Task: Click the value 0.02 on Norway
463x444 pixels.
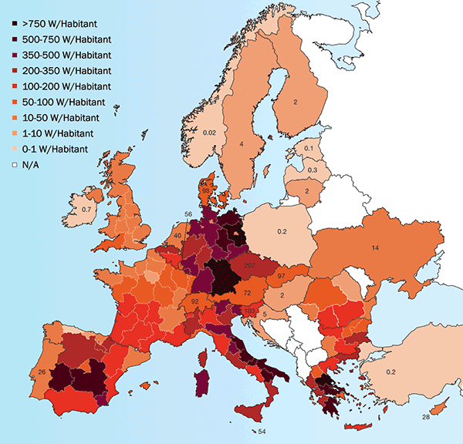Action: [x=209, y=133]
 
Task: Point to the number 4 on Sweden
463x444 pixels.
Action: [x=242, y=143]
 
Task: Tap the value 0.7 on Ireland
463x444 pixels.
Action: [x=88, y=209]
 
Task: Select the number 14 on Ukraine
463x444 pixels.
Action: [x=375, y=247]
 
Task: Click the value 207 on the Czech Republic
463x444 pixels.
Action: [x=249, y=266]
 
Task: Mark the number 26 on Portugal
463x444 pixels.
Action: [x=41, y=373]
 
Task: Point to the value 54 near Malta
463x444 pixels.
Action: [x=262, y=431]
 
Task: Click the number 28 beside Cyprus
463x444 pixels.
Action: [x=424, y=417]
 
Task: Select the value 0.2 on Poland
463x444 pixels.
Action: [x=282, y=230]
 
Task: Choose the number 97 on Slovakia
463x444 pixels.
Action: [x=282, y=276]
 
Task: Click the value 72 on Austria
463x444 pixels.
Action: [x=247, y=294]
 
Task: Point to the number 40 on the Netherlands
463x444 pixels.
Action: [x=178, y=236]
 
